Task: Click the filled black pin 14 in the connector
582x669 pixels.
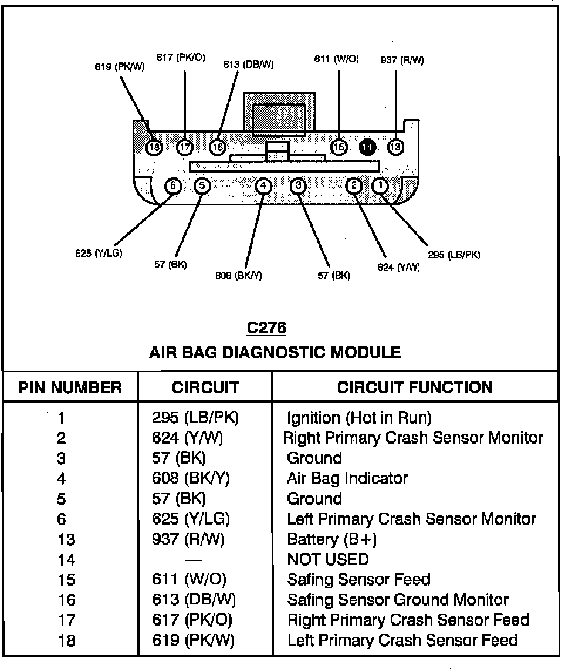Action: [367, 147]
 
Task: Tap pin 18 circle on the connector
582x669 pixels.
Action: [154, 147]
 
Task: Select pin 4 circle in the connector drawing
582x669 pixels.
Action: [264, 185]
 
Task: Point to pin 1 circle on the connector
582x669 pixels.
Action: [381, 185]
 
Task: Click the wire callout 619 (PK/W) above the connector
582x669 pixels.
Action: [120, 66]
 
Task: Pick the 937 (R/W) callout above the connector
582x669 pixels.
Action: [402, 60]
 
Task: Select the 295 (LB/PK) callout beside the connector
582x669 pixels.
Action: [454, 255]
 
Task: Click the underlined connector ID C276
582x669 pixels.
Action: [266, 327]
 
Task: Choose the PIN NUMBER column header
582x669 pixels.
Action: [70, 387]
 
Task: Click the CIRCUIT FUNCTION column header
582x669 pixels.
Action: [415, 387]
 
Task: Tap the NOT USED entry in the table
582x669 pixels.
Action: [328, 559]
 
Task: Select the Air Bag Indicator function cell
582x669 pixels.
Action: [347, 478]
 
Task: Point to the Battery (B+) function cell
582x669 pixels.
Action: [331, 539]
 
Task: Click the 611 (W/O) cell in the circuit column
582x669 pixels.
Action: [189, 579]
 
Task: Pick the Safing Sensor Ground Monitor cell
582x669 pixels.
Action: [398, 599]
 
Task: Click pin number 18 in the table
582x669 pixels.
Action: [67, 640]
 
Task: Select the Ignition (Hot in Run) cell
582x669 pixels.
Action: [359, 418]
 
